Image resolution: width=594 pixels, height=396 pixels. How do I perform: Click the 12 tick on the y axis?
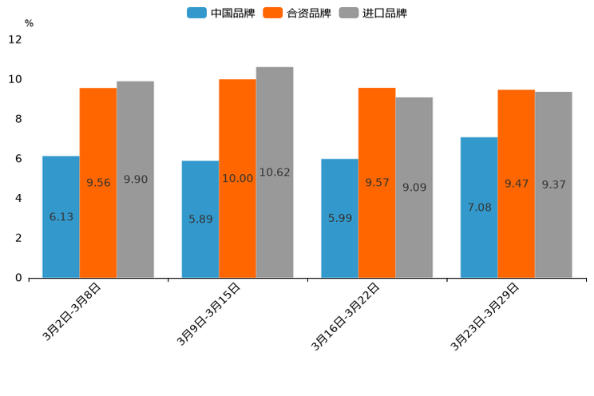coord(15,40)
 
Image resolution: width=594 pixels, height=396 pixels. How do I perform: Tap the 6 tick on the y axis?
coord(18,159)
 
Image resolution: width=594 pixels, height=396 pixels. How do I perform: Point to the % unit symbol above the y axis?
coord(29,24)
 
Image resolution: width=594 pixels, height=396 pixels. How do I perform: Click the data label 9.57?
coord(377,183)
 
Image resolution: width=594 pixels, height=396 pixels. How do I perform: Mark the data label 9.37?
coord(553,184)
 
